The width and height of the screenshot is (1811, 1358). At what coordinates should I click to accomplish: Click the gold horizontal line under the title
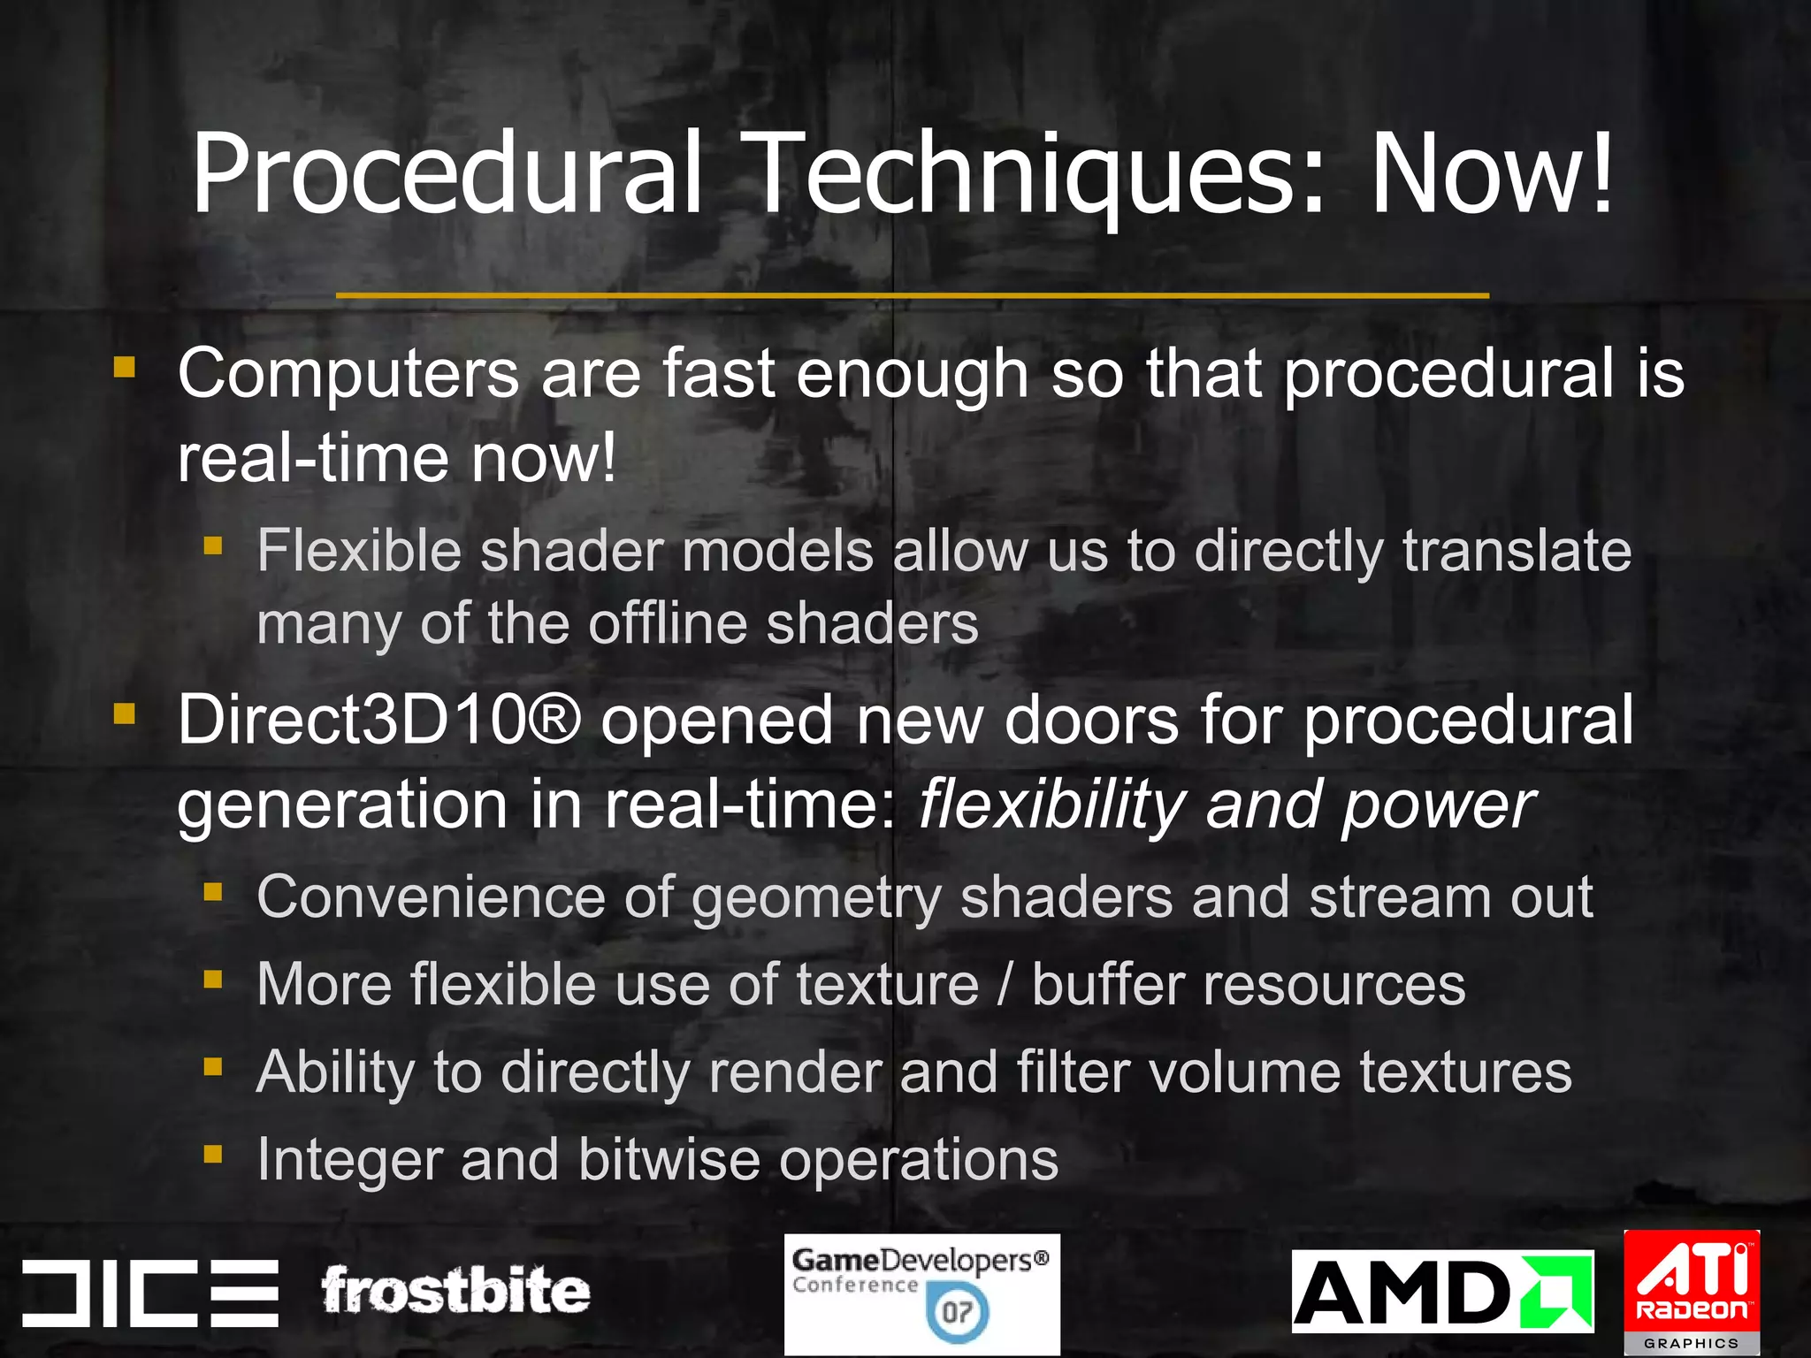coord(912,295)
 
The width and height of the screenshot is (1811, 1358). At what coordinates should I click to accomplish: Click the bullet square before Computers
coord(125,366)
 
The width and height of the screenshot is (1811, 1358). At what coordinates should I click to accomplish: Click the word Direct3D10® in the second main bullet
coord(379,720)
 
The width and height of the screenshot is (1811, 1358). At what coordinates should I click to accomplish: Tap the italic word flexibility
coord(1051,805)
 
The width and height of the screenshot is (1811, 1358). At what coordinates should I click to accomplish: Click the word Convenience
coord(431,897)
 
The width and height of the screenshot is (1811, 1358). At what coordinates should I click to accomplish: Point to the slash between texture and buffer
coord(1005,985)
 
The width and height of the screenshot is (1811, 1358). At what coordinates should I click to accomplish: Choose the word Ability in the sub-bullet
coord(335,1072)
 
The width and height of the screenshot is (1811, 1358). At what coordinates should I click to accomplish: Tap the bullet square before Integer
coord(212,1154)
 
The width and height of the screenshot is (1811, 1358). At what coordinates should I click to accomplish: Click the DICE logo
coord(150,1293)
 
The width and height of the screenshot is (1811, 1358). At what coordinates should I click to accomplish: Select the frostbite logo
coord(455,1292)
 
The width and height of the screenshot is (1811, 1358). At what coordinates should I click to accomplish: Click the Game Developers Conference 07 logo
coord(921,1294)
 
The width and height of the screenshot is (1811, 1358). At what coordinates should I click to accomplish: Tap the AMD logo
coord(1442,1292)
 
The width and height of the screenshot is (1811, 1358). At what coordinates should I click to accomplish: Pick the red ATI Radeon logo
coord(1692,1292)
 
